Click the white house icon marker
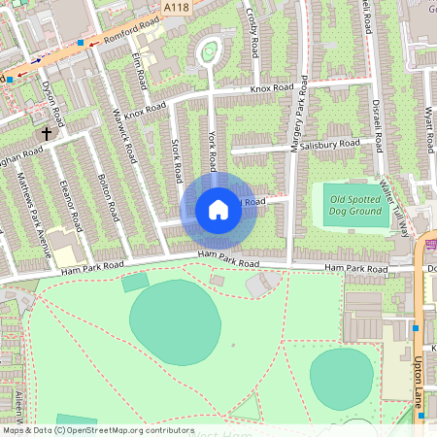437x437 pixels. point(218,210)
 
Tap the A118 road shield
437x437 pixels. point(176,8)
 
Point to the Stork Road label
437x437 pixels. point(176,160)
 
